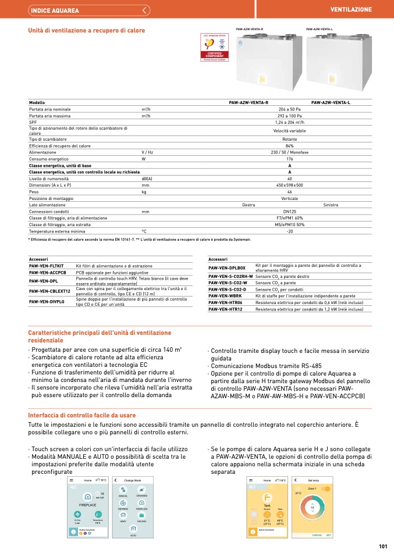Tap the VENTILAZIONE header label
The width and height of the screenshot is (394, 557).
pyautogui.click(x=350, y=10)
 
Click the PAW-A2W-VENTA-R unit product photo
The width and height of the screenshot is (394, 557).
pyautogui.click(x=267, y=58)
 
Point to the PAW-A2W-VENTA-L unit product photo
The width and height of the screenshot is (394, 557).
pyautogui.click(x=336, y=58)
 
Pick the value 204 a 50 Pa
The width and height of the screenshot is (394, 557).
pyautogui.click(x=289, y=109)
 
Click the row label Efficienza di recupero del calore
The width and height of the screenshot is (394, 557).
pyautogui.click(x=60, y=146)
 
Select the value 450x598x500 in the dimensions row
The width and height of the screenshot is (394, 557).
pyautogui.click(x=289, y=185)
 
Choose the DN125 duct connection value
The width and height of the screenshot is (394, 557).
pyautogui.click(x=289, y=211)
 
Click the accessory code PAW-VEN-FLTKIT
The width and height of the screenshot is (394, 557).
pyautogui.click(x=48, y=265)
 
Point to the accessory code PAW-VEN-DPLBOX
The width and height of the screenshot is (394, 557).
pyautogui.click(x=227, y=267)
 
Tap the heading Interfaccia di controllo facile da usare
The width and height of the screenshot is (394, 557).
pyautogui.click(x=81, y=415)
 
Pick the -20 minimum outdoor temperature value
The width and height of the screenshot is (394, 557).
pyautogui.click(x=289, y=231)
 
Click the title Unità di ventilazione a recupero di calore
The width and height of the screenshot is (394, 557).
pyautogui.click(x=87, y=30)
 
